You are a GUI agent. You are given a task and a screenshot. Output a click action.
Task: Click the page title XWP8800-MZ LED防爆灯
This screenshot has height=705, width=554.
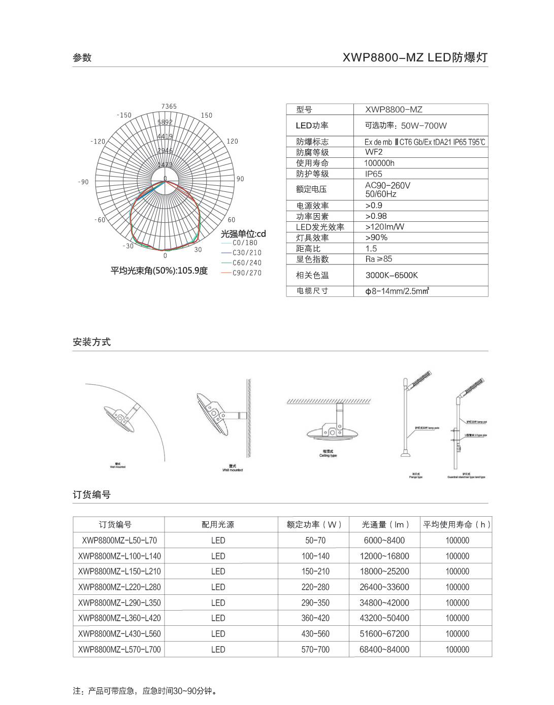415,57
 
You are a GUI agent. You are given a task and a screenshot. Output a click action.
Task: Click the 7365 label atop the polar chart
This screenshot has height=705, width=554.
169,107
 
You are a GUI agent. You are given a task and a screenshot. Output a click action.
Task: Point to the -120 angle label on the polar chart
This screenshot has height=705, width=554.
98,142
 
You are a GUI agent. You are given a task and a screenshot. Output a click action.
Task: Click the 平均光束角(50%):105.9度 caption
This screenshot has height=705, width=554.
159,271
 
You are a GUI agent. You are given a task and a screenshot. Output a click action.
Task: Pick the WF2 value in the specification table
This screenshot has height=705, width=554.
374,152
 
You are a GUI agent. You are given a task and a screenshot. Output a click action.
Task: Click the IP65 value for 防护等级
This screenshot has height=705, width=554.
374,174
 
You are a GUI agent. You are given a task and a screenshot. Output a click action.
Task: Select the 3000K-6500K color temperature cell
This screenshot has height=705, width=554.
392,275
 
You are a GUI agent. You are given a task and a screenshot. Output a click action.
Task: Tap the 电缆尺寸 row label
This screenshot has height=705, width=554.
312,291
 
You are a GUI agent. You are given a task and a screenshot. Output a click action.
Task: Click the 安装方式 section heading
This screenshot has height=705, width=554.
92,342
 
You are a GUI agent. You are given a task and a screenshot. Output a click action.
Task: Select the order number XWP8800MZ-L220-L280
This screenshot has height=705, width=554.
119,587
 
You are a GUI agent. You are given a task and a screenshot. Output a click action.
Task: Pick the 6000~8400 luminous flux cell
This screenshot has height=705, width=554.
384,541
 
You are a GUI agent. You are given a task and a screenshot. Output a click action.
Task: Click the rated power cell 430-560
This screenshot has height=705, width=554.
315,634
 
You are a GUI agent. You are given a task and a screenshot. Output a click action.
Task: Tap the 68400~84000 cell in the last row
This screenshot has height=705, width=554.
384,650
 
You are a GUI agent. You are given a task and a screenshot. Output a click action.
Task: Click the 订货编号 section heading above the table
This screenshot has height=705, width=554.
92,495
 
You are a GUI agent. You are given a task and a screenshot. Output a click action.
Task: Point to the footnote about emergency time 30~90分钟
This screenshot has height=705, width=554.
146,691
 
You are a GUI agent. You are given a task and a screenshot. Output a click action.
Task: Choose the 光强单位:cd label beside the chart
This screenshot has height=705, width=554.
243,234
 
